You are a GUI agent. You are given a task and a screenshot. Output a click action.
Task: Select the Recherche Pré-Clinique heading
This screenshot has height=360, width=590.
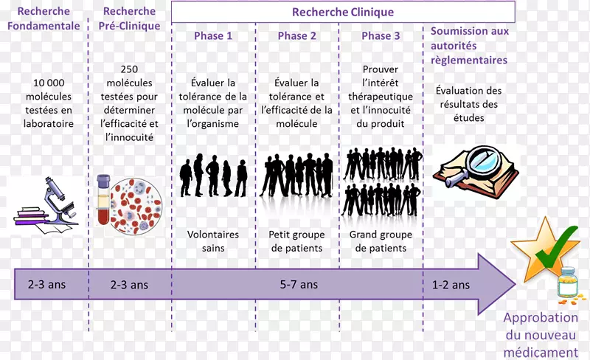130,18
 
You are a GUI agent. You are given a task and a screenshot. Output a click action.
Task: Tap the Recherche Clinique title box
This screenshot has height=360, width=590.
343,12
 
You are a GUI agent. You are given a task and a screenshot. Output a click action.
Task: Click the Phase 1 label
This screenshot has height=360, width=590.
213,35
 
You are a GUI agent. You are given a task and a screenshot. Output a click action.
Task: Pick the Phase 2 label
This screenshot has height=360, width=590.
297,35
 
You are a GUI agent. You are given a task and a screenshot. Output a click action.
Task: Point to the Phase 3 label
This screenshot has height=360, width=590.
381,35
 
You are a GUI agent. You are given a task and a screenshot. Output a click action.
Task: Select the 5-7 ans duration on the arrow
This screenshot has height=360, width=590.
299,284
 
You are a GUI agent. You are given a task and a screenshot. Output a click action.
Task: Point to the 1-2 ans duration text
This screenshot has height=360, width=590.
450,284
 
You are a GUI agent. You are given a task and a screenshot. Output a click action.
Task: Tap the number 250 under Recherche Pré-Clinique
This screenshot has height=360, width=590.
130,69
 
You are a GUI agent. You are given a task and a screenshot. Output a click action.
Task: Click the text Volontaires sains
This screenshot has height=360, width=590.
213,241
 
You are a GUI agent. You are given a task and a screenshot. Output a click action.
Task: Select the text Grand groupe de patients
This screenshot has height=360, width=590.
381,241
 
